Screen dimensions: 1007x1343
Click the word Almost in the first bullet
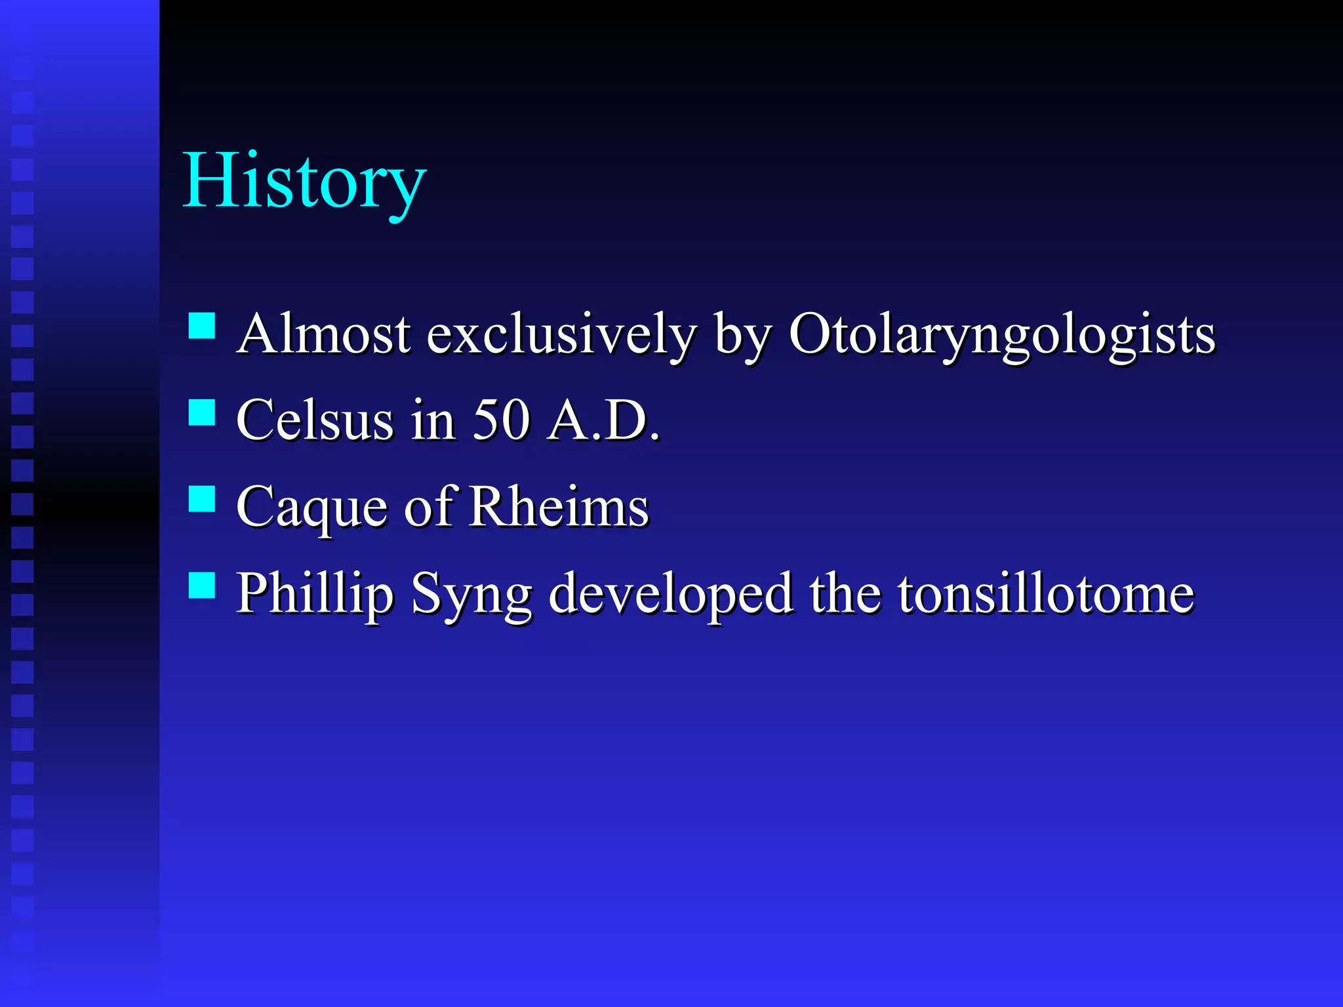[324, 334]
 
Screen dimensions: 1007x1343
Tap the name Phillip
[315, 594]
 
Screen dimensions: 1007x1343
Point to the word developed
[670, 594]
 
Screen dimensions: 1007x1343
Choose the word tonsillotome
[1046, 594]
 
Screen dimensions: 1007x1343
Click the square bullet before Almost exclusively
[202, 325]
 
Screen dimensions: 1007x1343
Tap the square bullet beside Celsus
[202, 413]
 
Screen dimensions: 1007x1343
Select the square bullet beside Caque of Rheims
[202, 499]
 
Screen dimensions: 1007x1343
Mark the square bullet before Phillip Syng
[202, 585]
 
